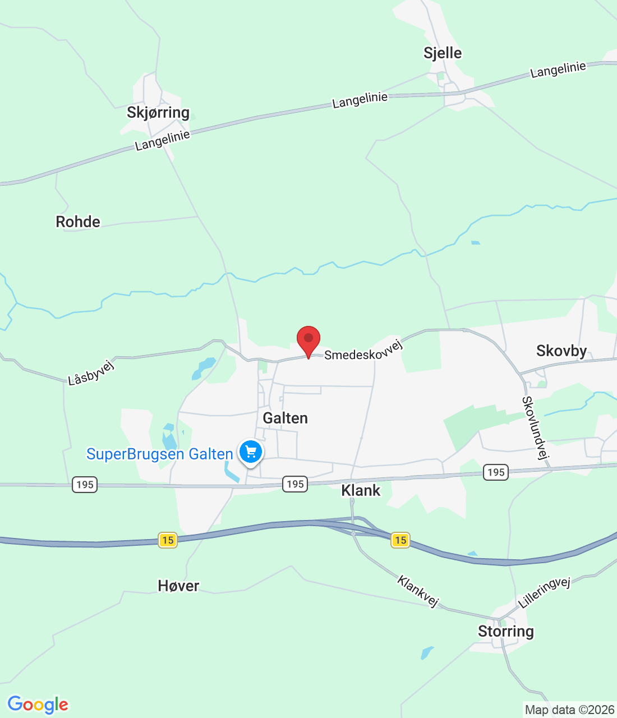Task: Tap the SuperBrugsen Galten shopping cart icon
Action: (251, 452)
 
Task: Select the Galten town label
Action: (286, 418)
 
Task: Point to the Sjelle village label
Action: (443, 53)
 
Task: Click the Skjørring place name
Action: (158, 113)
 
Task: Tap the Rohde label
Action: (78, 222)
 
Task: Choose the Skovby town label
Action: (561, 351)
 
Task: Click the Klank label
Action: (361, 491)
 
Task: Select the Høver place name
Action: (178, 586)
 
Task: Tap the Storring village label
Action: (505, 632)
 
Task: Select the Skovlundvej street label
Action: (535, 427)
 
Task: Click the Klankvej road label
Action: (418, 591)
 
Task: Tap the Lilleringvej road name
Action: (544, 592)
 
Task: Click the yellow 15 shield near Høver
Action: (168, 540)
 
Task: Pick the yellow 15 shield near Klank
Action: (400, 540)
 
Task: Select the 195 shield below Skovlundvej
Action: (496, 472)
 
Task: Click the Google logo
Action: (38, 705)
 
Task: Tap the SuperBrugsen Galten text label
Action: (159, 454)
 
